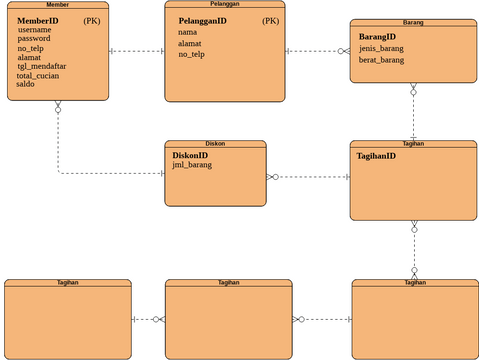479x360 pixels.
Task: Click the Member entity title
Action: (57, 5)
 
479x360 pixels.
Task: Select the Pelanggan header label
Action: (224, 4)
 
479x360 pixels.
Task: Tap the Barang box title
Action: (413, 22)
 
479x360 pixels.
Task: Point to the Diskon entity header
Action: (215, 144)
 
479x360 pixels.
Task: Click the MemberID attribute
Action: (38, 20)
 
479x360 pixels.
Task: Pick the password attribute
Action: (36, 39)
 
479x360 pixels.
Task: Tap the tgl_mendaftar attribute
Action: (41, 66)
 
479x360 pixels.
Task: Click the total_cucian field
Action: (39, 75)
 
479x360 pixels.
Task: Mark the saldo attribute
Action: (26, 84)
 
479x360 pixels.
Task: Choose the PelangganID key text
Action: (202, 20)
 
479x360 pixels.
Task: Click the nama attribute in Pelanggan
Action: (187, 32)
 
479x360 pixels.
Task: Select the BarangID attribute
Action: (377, 37)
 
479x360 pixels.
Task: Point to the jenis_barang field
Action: (382, 49)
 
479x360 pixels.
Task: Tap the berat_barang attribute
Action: (382, 60)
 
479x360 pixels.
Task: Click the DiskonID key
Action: (190, 155)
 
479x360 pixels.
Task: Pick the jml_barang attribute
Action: (192, 165)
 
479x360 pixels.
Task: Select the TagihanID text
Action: (376, 156)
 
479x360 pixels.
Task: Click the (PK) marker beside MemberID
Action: (92, 20)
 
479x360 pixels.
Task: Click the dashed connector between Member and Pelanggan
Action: (136, 50)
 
